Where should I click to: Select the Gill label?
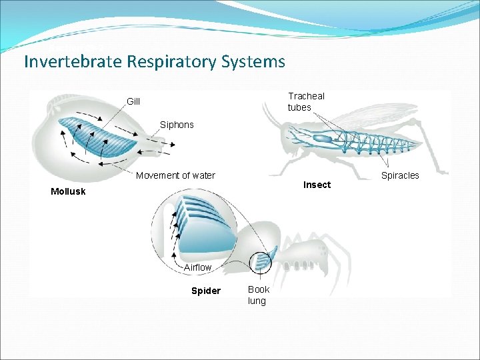click(133, 101)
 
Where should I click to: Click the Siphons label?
click(177, 125)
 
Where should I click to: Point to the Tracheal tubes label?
click(306, 101)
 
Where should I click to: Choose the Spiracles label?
click(400, 175)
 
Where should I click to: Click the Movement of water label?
click(175, 175)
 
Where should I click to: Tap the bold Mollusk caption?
click(68, 192)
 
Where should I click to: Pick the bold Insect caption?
click(317, 185)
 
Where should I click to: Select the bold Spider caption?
click(205, 291)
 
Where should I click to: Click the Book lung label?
click(258, 295)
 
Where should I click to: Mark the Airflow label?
click(197, 267)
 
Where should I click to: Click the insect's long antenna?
click(272, 120)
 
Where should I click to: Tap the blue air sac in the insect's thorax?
click(323, 138)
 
